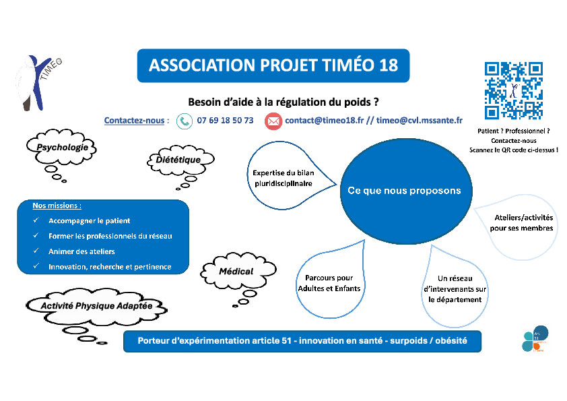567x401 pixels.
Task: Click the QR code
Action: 514,90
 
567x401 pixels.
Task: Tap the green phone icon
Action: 184,121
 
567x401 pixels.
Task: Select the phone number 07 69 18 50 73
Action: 225,121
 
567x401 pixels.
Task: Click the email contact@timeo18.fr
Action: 324,121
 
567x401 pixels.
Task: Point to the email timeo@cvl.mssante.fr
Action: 420,121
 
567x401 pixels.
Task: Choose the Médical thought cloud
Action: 236,271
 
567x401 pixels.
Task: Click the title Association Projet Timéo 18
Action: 273,65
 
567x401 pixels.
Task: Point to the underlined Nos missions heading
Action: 57,205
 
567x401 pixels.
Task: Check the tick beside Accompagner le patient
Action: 36,221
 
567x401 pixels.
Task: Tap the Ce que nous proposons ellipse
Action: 404,191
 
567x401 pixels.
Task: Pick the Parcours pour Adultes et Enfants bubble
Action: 329,284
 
